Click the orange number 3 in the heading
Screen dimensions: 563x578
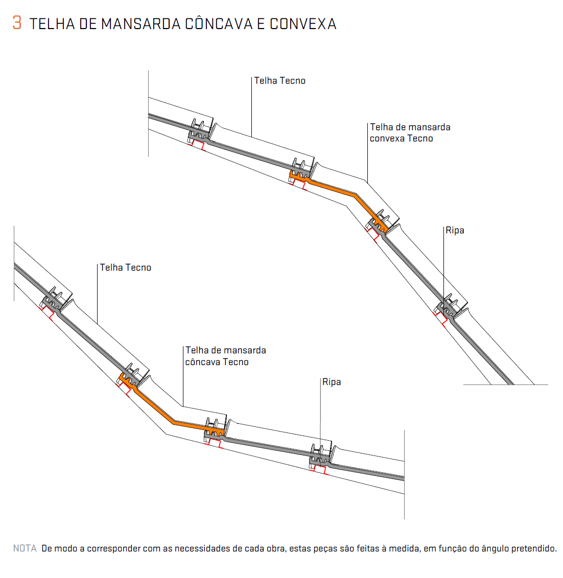click(17, 22)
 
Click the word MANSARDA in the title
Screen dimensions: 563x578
click(141, 24)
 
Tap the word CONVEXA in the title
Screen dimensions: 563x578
click(303, 24)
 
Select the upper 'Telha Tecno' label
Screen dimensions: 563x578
click(279, 81)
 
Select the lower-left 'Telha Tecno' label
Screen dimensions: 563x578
click(126, 268)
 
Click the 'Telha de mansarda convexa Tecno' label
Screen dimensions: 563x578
click(410, 133)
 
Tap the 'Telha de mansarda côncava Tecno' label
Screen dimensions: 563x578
click(225, 356)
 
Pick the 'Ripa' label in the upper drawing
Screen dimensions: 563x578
click(455, 230)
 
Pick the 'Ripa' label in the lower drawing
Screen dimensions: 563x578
click(332, 382)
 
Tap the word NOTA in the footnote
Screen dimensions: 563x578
click(25, 548)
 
